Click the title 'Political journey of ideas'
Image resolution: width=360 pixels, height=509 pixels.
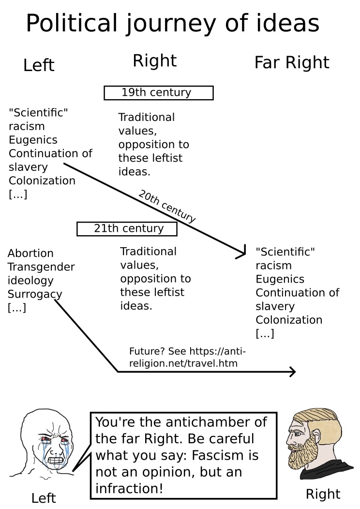pos(172,23)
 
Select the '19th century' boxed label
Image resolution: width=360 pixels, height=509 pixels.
pos(158,92)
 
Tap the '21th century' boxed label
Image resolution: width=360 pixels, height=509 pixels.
pos(127,228)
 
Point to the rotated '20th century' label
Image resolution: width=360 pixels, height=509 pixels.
pos(166,207)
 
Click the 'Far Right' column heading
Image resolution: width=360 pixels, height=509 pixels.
pos(291,62)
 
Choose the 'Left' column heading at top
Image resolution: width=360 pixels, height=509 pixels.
pos(39,65)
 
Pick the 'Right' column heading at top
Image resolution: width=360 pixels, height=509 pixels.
pos(154,61)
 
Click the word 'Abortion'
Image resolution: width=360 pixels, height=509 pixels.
pos(30,253)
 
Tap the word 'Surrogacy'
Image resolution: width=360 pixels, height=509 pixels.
pos(35,294)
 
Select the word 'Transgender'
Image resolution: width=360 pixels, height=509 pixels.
pos(41,267)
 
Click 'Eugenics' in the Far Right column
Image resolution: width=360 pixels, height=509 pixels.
pos(280,279)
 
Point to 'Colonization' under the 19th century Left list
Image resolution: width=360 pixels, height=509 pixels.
pos(42,181)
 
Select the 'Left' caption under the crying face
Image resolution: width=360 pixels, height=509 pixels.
pos(44,497)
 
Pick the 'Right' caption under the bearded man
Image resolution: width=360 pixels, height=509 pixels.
pos(323,494)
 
